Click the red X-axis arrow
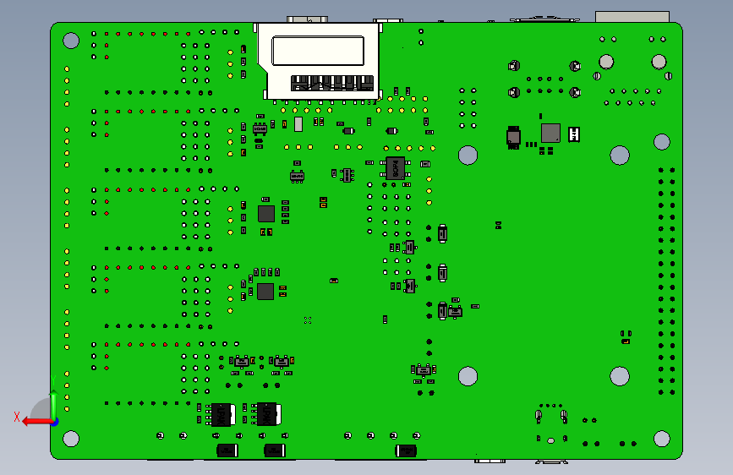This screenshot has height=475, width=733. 34,421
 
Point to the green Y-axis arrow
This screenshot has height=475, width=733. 53,401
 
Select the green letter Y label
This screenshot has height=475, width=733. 52,379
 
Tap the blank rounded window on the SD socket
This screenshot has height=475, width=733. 318,52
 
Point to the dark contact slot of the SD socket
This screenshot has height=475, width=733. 331,83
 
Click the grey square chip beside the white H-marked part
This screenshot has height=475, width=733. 550,133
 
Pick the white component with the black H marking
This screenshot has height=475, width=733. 575,134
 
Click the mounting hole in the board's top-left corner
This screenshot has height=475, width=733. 72,40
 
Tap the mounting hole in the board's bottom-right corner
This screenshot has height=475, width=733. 662,438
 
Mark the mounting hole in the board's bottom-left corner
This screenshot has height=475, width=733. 71,438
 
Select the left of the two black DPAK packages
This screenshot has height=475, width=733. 222,414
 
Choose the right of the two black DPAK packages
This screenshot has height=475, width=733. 268,414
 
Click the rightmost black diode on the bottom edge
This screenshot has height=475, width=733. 407,450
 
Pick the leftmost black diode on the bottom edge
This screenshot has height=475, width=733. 227,450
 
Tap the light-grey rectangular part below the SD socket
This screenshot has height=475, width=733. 298,124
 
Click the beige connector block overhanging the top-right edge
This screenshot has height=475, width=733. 632,17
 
